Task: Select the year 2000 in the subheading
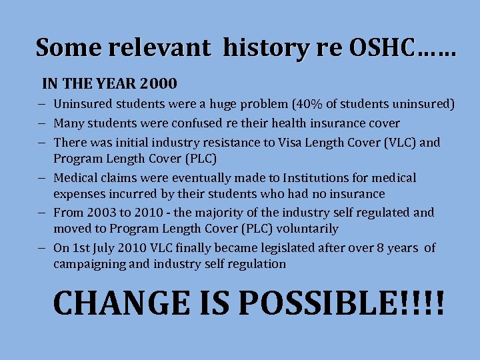pos(159,84)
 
